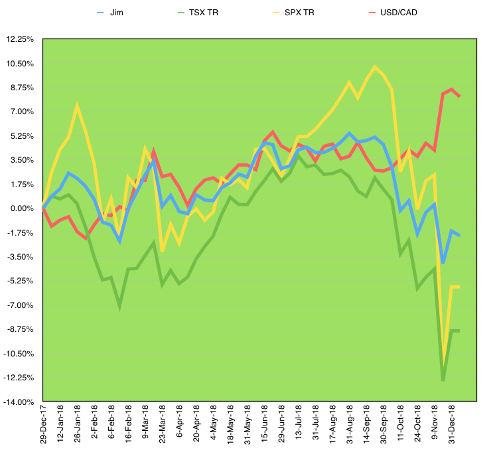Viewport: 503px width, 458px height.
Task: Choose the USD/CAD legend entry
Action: [396, 13]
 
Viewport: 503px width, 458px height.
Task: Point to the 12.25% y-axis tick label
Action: [19, 39]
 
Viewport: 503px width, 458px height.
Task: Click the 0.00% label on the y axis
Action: [21, 208]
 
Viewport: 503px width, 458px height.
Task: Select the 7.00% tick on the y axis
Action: [21, 112]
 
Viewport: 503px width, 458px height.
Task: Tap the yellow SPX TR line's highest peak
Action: [376, 66]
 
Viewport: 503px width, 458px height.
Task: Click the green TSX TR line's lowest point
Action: [443, 380]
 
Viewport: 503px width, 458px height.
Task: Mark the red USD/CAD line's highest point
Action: [451, 89]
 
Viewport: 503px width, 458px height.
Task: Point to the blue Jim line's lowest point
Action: [443, 263]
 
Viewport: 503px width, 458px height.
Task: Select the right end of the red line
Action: [460, 96]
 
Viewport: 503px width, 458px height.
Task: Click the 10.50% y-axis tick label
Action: [19, 63]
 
